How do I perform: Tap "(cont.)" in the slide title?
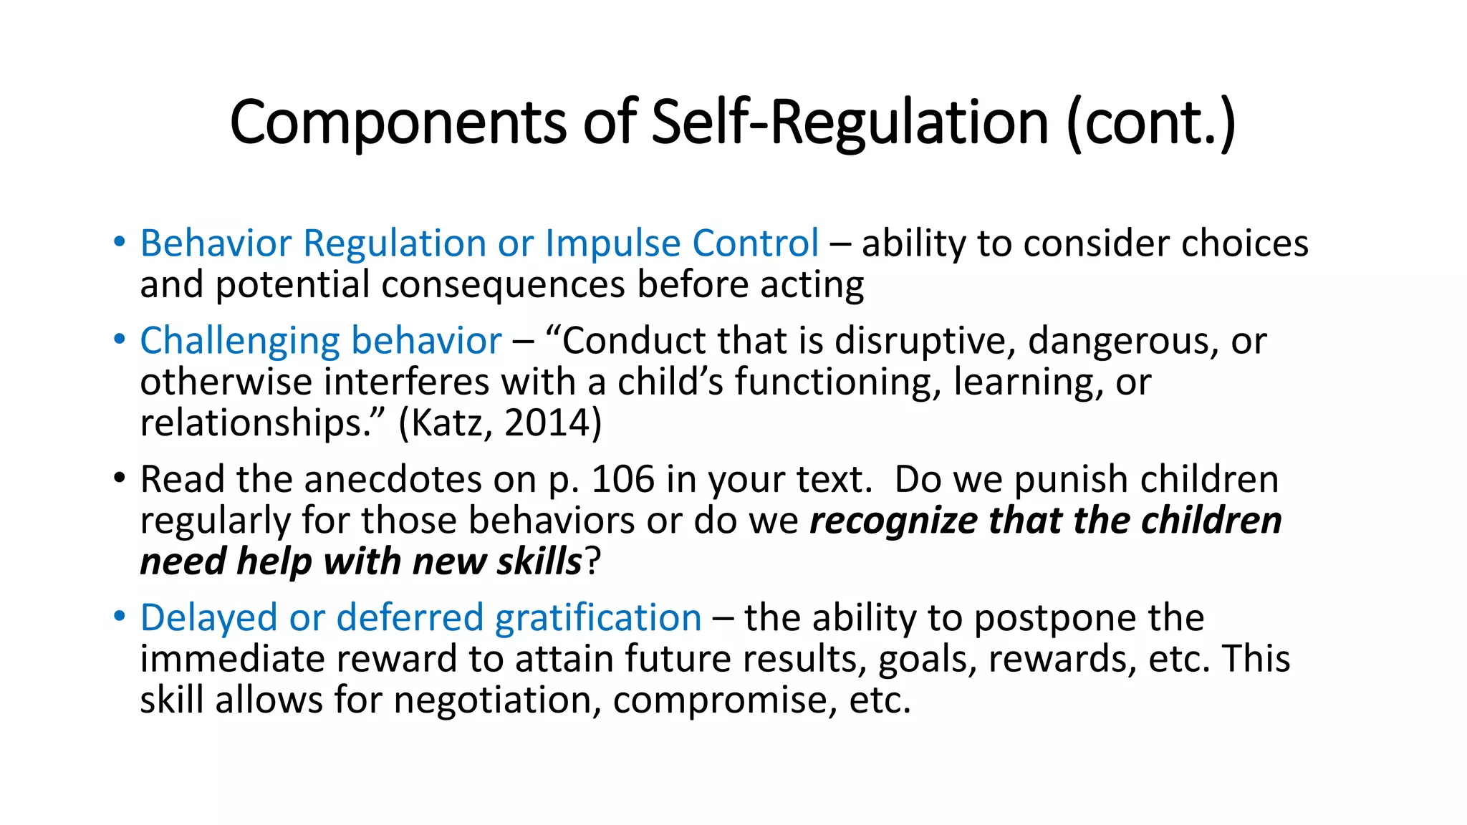click(x=1150, y=123)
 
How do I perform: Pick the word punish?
click(x=1068, y=479)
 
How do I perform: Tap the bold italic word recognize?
click(x=893, y=521)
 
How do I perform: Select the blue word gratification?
click(x=598, y=618)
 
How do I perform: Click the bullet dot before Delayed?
click(x=120, y=616)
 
